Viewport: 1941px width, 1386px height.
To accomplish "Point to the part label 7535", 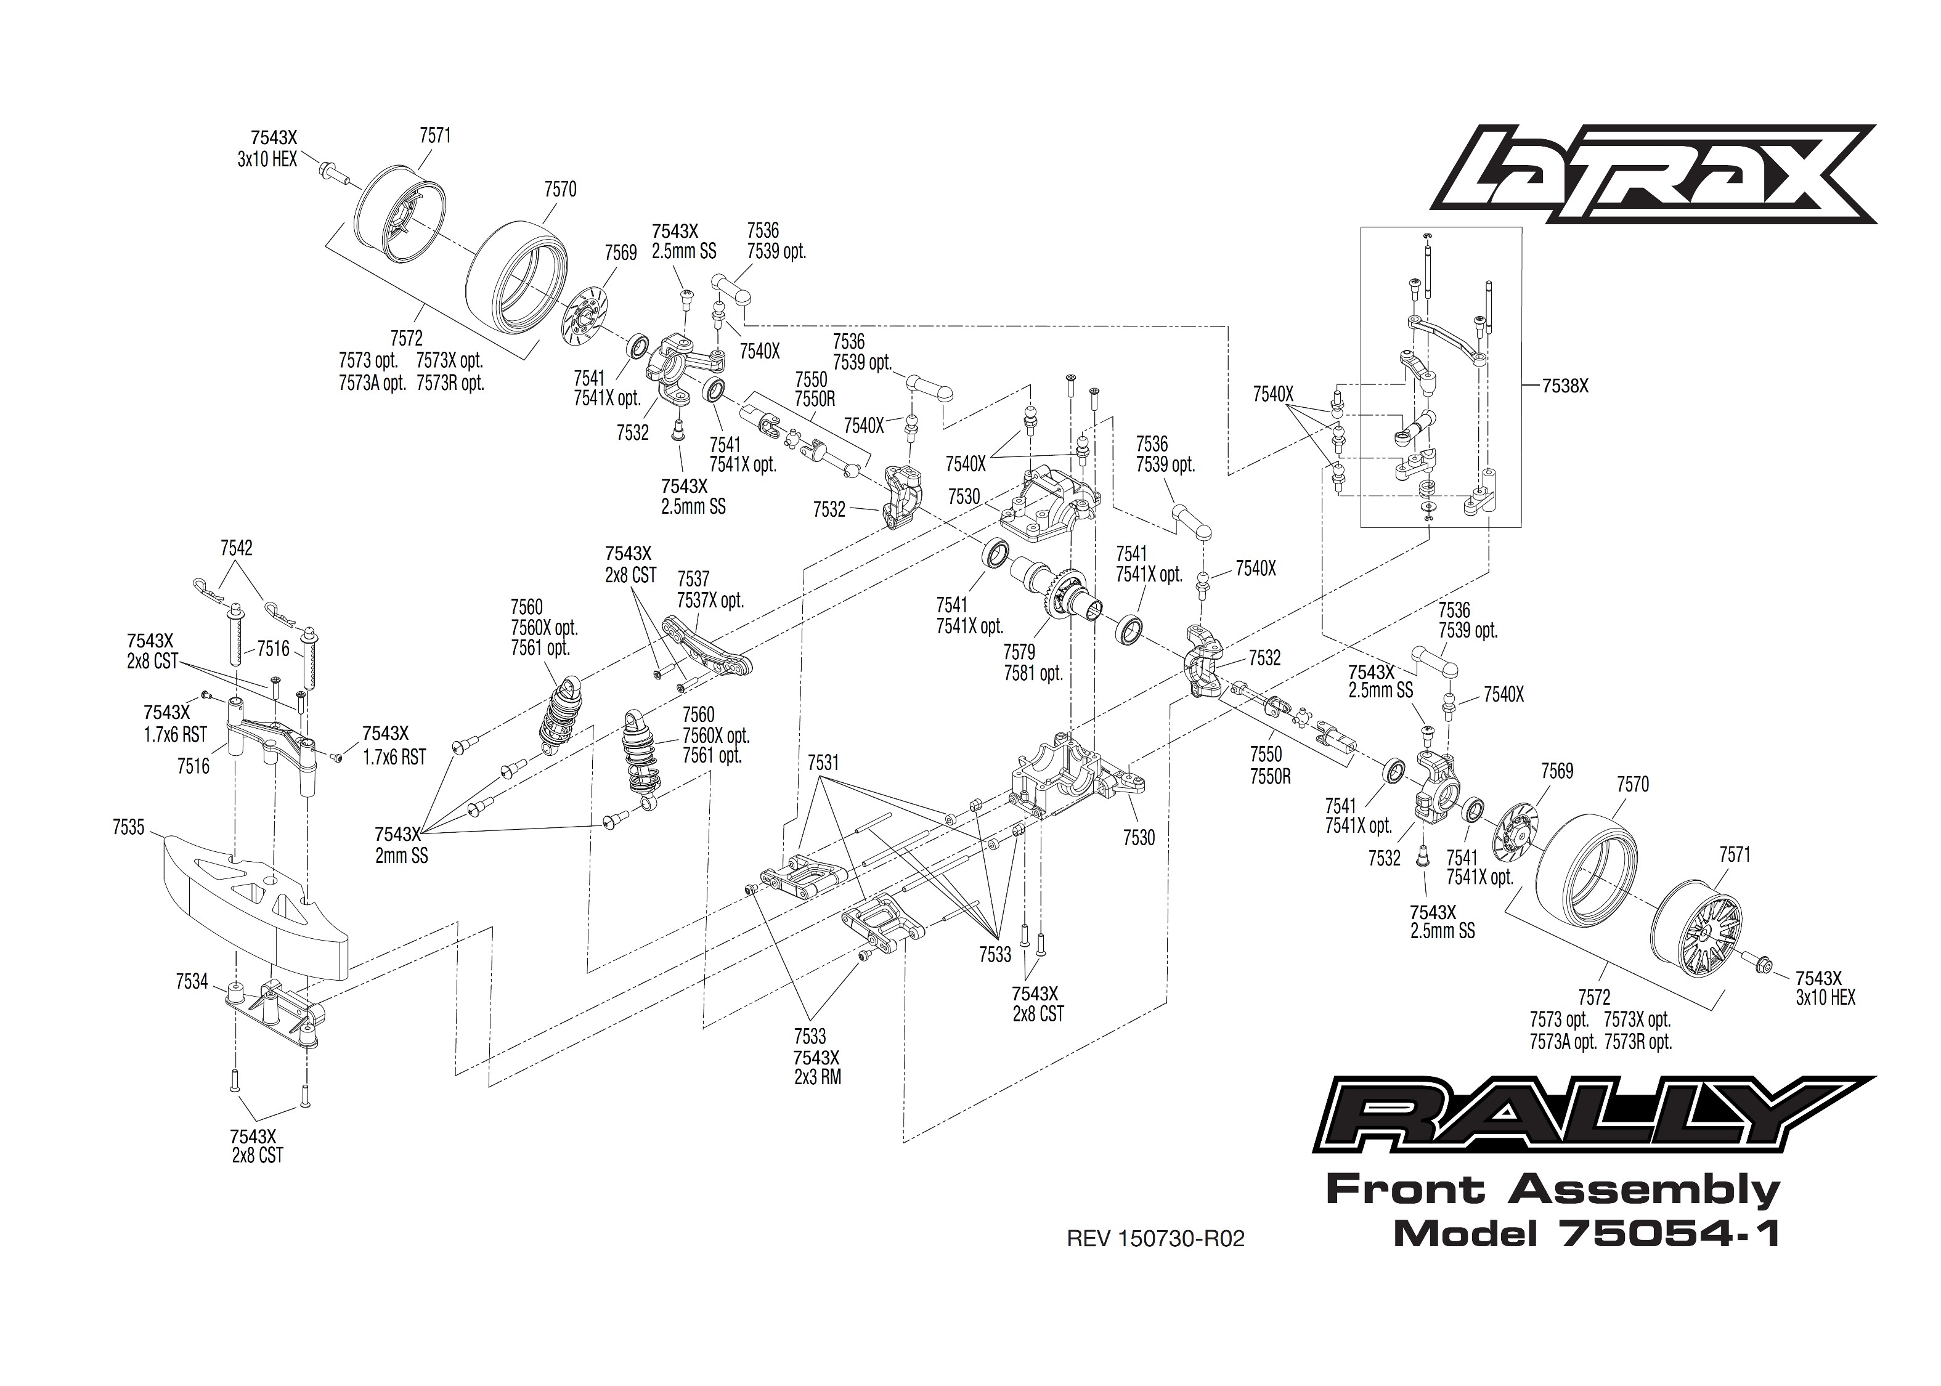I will [128, 827].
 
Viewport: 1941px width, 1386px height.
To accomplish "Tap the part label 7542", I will [237, 548].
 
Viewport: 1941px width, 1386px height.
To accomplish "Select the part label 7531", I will [823, 762].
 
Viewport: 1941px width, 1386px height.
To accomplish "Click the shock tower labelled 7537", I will [709, 649].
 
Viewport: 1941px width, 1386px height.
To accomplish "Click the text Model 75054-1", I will [1586, 1233].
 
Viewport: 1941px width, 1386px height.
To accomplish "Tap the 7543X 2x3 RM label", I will [817, 1068].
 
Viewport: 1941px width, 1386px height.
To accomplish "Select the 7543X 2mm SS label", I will [401, 845].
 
